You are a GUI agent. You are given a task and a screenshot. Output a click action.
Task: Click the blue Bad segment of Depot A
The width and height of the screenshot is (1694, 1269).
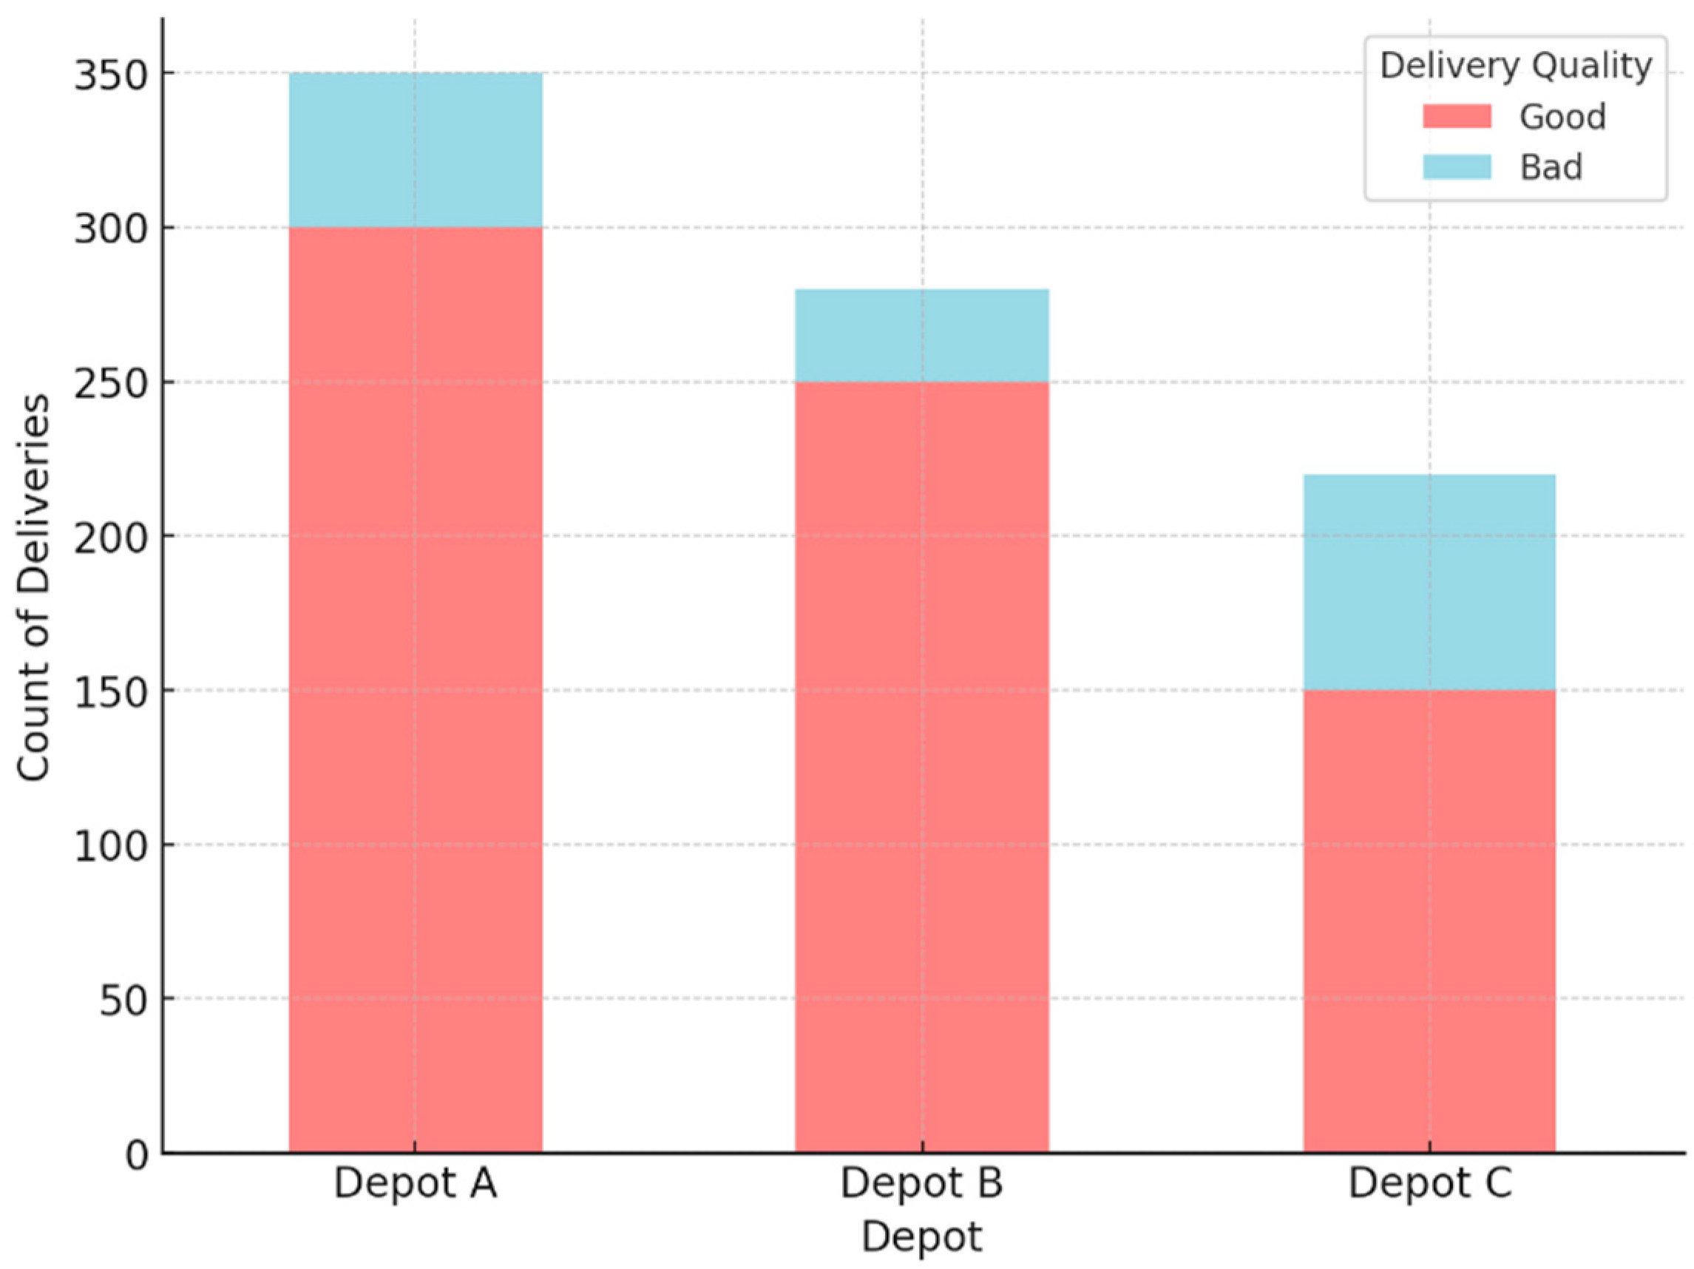pos(415,150)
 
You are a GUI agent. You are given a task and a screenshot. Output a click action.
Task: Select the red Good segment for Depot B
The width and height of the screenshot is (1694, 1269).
pos(921,766)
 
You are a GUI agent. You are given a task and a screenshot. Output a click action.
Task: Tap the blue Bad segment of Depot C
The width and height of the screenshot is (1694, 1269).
pos(1429,582)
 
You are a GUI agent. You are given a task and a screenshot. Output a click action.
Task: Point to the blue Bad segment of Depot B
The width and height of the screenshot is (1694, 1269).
pos(921,336)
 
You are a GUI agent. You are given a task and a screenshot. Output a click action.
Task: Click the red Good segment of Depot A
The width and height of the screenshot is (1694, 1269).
pos(415,689)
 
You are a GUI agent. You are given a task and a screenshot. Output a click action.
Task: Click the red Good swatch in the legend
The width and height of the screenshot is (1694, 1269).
pos(1457,116)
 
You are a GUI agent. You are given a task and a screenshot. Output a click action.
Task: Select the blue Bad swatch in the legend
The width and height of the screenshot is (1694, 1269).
pos(1457,167)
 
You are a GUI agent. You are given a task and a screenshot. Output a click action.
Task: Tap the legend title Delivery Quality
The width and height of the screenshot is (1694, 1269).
pos(1516,66)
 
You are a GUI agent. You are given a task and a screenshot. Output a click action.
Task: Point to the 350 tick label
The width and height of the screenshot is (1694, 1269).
pos(110,76)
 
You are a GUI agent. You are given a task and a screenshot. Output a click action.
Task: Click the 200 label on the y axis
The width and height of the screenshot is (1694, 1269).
pos(110,538)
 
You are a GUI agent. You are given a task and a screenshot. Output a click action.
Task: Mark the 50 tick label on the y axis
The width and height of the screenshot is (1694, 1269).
pos(123,1001)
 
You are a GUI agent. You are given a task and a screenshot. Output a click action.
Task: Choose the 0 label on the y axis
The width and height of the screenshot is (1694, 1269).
pos(137,1155)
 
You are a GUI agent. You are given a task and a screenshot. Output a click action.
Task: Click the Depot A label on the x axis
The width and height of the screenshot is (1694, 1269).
pos(415,1183)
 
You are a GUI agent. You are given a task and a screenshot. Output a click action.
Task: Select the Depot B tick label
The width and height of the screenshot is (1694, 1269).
pos(921,1183)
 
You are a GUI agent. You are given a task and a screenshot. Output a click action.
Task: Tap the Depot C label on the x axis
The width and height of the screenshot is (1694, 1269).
pos(1429,1183)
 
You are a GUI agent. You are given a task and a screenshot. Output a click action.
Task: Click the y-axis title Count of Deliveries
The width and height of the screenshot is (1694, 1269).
pos(34,587)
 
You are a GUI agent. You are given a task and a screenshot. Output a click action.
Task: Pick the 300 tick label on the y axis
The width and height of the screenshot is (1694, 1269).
pos(110,230)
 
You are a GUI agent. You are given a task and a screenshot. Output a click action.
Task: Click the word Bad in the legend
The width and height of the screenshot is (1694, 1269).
pos(1551,167)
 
